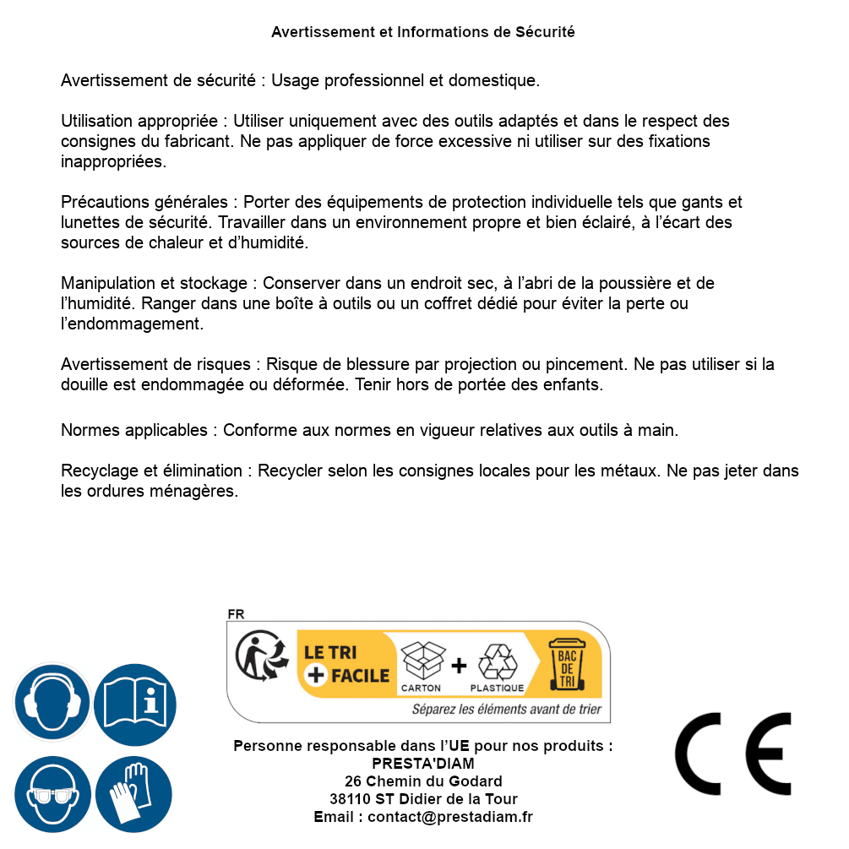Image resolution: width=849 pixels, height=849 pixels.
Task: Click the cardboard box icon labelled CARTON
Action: (x=422, y=661)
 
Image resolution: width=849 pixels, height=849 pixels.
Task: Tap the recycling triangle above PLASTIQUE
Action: (x=497, y=661)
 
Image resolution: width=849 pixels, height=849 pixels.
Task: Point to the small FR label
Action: (x=236, y=614)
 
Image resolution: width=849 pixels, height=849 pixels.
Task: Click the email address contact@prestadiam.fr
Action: (x=450, y=817)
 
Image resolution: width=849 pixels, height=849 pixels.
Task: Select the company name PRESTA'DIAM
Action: (x=423, y=764)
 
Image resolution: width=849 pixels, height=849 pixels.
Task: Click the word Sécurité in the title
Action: (x=545, y=32)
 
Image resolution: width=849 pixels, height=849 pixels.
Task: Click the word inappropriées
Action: (x=113, y=161)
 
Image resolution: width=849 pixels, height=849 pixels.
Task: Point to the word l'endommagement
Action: (x=132, y=324)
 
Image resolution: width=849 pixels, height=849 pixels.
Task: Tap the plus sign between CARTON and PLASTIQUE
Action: (x=459, y=666)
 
